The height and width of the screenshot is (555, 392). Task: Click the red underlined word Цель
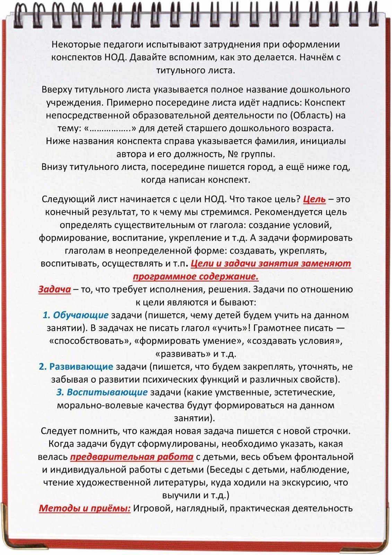tap(314, 199)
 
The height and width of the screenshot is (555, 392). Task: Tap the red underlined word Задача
tap(54, 289)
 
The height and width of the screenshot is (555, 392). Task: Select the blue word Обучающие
tap(81, 315)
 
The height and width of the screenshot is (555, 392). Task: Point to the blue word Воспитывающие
tap(107, 392)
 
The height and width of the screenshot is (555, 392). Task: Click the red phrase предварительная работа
tap(132, 457)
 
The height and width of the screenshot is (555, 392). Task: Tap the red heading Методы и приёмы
tap(85, 509)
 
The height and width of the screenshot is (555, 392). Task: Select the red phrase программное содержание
tap(196, 277)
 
